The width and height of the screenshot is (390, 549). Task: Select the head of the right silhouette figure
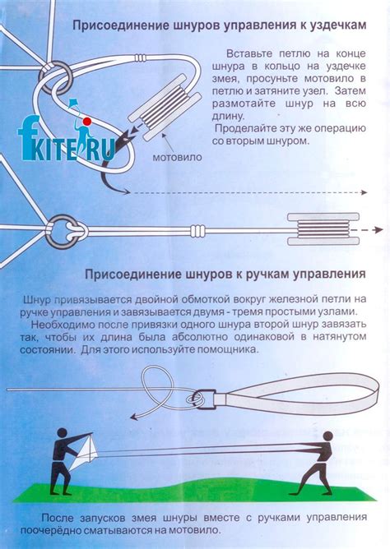point(327,436)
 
